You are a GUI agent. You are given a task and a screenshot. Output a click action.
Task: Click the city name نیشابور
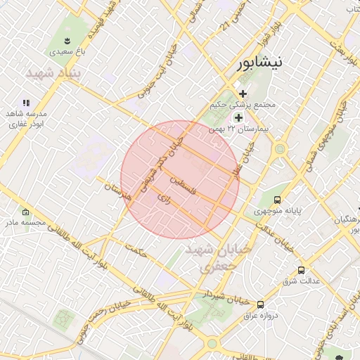click(260, 63)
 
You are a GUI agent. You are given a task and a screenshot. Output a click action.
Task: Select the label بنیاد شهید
click(54, 72)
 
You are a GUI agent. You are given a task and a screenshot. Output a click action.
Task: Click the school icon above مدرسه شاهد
click(27, 103)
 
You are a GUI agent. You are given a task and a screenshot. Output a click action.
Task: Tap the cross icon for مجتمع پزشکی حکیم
click(243, 94)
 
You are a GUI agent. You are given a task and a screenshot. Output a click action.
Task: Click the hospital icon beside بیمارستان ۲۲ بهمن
click(238, 117)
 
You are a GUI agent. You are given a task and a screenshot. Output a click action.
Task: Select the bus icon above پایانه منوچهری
click(278, 200)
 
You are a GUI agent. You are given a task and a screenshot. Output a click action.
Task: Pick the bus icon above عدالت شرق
click(301, 270)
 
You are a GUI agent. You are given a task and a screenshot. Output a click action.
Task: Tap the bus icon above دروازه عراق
click(261, 304)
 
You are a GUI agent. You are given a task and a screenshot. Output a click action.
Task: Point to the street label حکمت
click(136, 250)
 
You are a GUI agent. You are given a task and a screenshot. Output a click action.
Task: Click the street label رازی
click(166, 199)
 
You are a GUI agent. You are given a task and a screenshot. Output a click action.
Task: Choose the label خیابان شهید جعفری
click(211, 258)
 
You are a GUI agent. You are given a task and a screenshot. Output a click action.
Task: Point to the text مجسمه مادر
click(25, 222)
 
